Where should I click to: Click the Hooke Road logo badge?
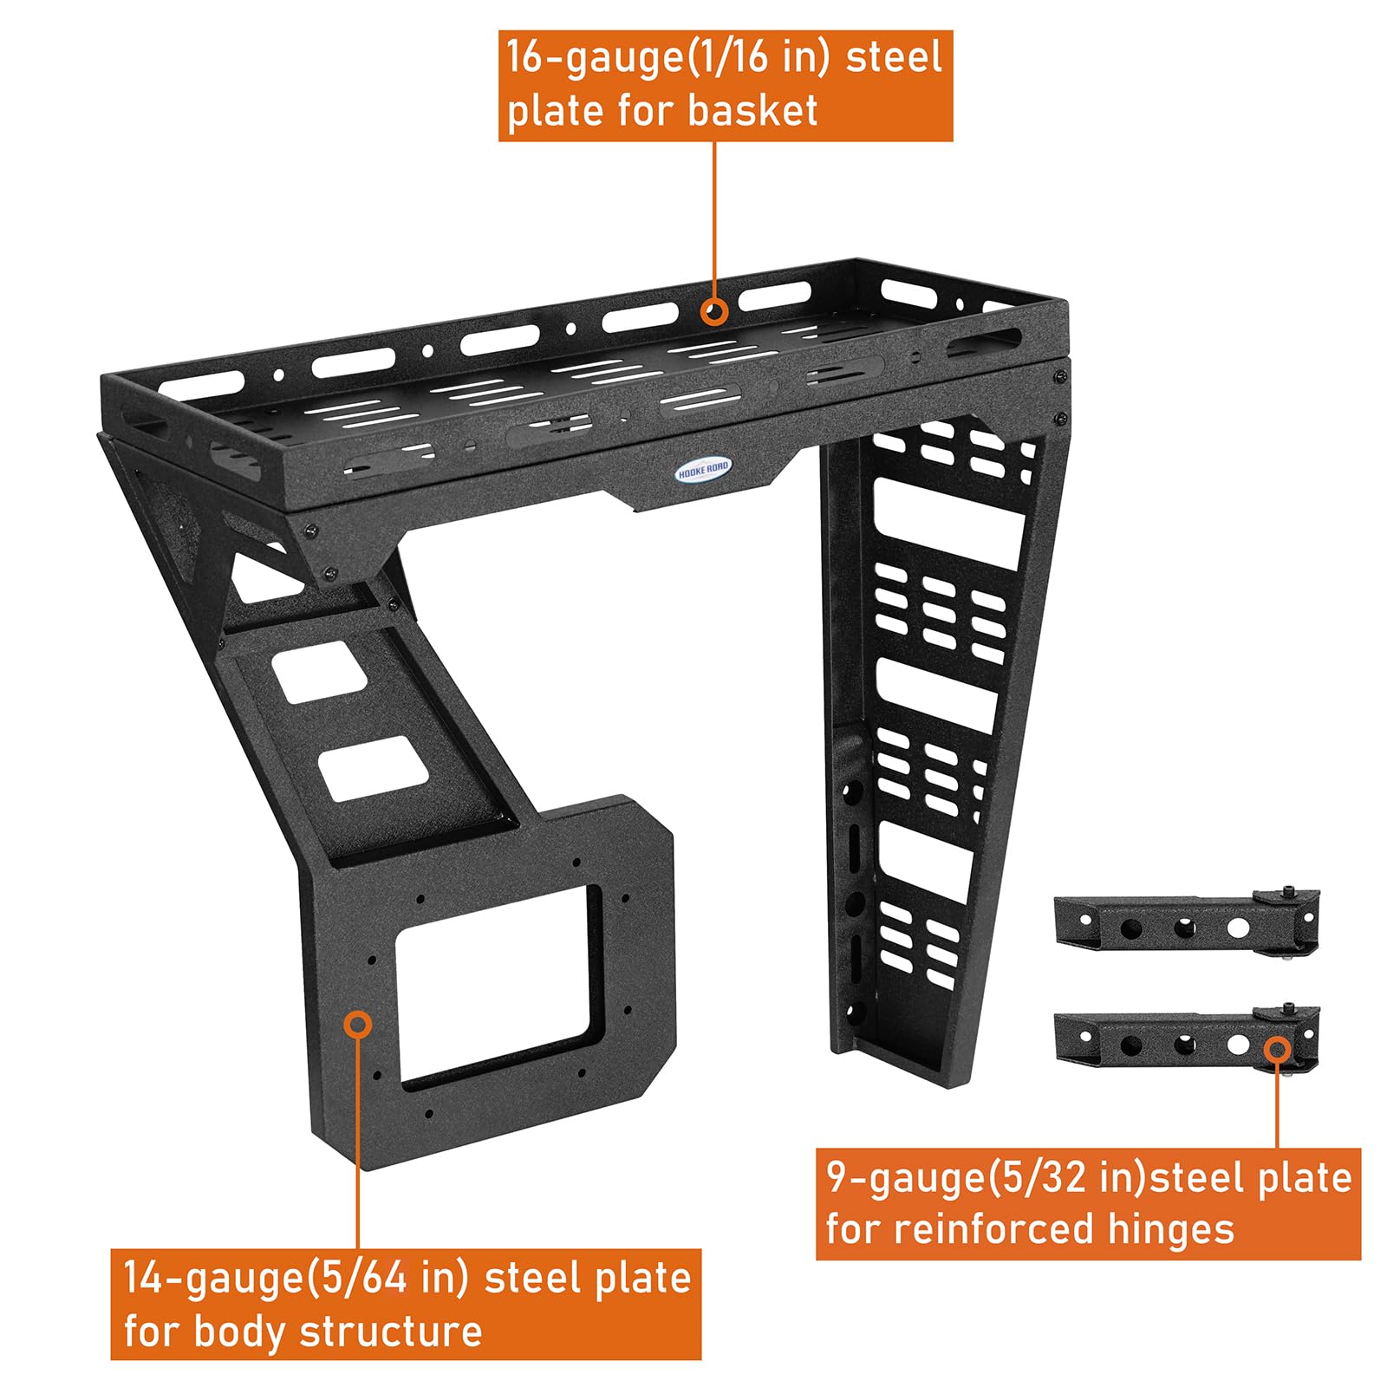(x=704, y=469)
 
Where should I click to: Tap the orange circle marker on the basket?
(x=714, y=311)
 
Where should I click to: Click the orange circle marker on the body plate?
(x=358, y=1024)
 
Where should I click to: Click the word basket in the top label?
(x=752, y=111)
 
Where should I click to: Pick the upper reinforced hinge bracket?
(x=1187, y=923)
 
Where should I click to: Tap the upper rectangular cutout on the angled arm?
(x=320, y=671)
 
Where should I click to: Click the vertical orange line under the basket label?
(x=714, y=219)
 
